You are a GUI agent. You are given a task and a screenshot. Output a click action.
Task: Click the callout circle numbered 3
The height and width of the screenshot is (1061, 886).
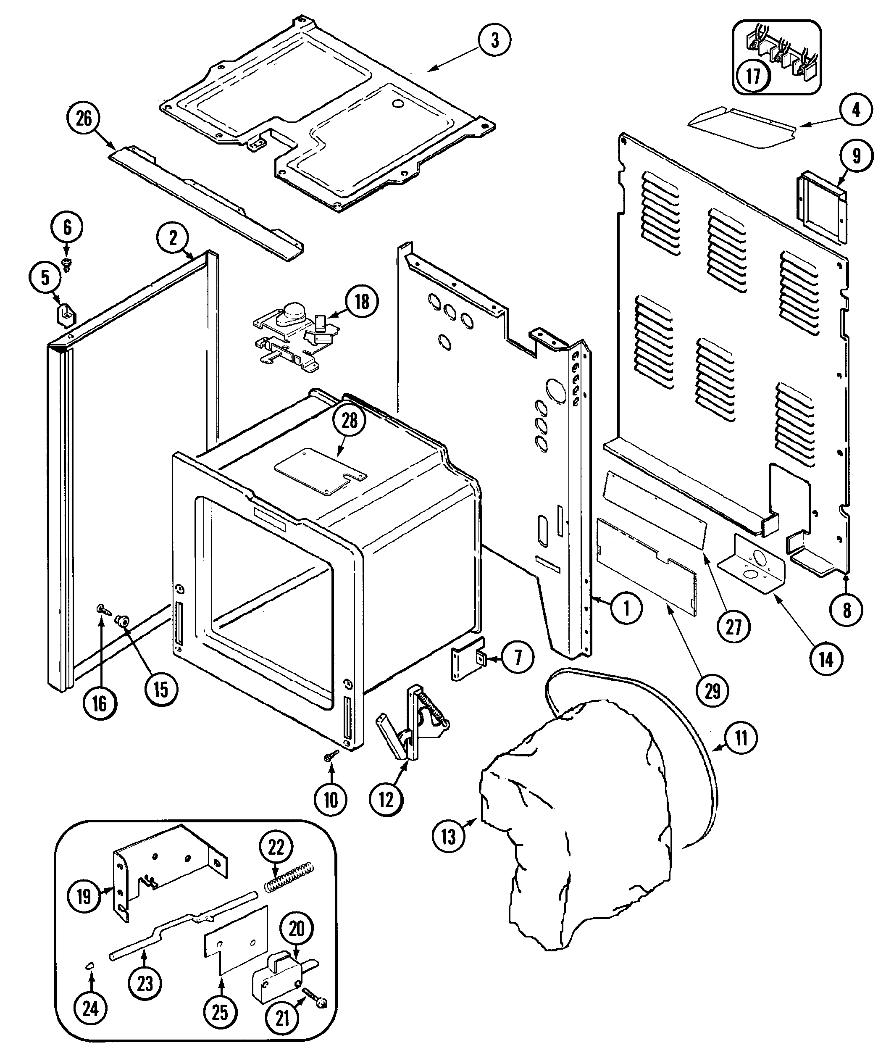[494, 40]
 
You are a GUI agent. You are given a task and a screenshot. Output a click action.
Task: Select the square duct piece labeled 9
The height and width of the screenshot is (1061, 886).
[821, 207]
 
